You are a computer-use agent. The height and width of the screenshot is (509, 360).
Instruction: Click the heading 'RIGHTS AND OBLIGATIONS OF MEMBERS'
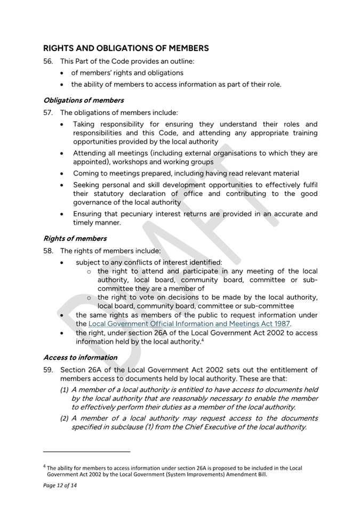126,48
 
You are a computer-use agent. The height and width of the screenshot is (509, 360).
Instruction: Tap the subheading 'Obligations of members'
83,100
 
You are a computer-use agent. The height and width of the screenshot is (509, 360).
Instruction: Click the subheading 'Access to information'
80,357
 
